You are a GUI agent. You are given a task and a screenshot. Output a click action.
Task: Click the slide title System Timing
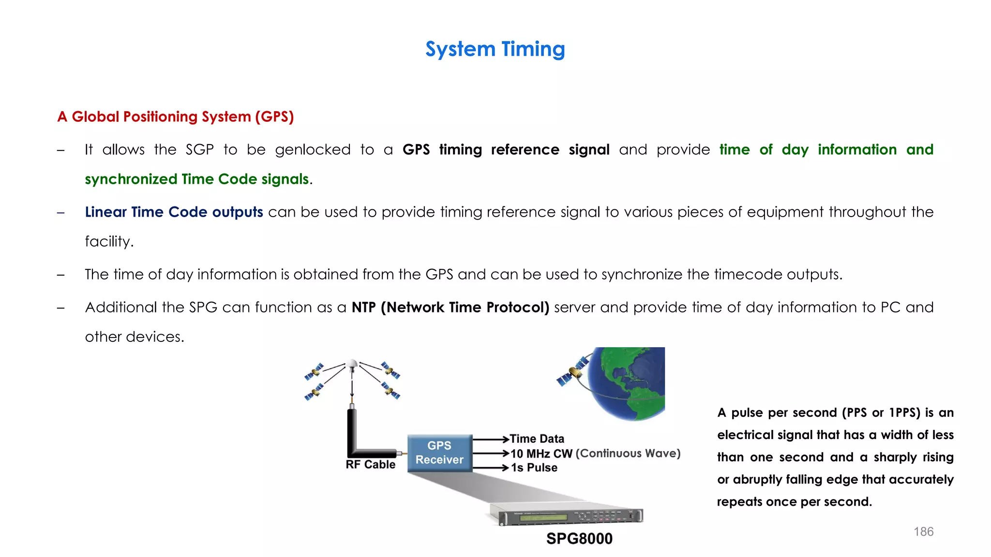click(495, 49)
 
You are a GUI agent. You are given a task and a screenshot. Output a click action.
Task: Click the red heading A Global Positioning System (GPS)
click(176, 117)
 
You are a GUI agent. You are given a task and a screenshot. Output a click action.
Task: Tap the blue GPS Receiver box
click(439, 453)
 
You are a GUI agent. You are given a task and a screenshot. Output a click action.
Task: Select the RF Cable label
click(370, 465)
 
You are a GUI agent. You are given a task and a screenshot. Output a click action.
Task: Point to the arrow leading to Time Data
click(490, 439)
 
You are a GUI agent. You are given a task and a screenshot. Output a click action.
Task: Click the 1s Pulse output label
click(534, 468)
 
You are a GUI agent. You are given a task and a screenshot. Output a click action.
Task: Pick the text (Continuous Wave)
click(628, 454)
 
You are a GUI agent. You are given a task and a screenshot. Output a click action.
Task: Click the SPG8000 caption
click(579, 539)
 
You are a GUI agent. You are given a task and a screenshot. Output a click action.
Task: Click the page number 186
click(923, 532)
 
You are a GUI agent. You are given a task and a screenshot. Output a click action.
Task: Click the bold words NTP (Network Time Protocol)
click(450, 308)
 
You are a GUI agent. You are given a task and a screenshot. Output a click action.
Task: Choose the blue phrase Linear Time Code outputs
click(174, 212)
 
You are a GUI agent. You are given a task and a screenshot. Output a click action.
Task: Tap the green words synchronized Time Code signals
click(196, 179)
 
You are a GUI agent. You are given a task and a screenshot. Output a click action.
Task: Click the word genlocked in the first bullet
click(313, 150)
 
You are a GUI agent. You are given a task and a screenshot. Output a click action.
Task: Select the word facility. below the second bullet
click(109, 241)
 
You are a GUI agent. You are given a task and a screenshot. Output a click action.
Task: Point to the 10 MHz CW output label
click(541, 454)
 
